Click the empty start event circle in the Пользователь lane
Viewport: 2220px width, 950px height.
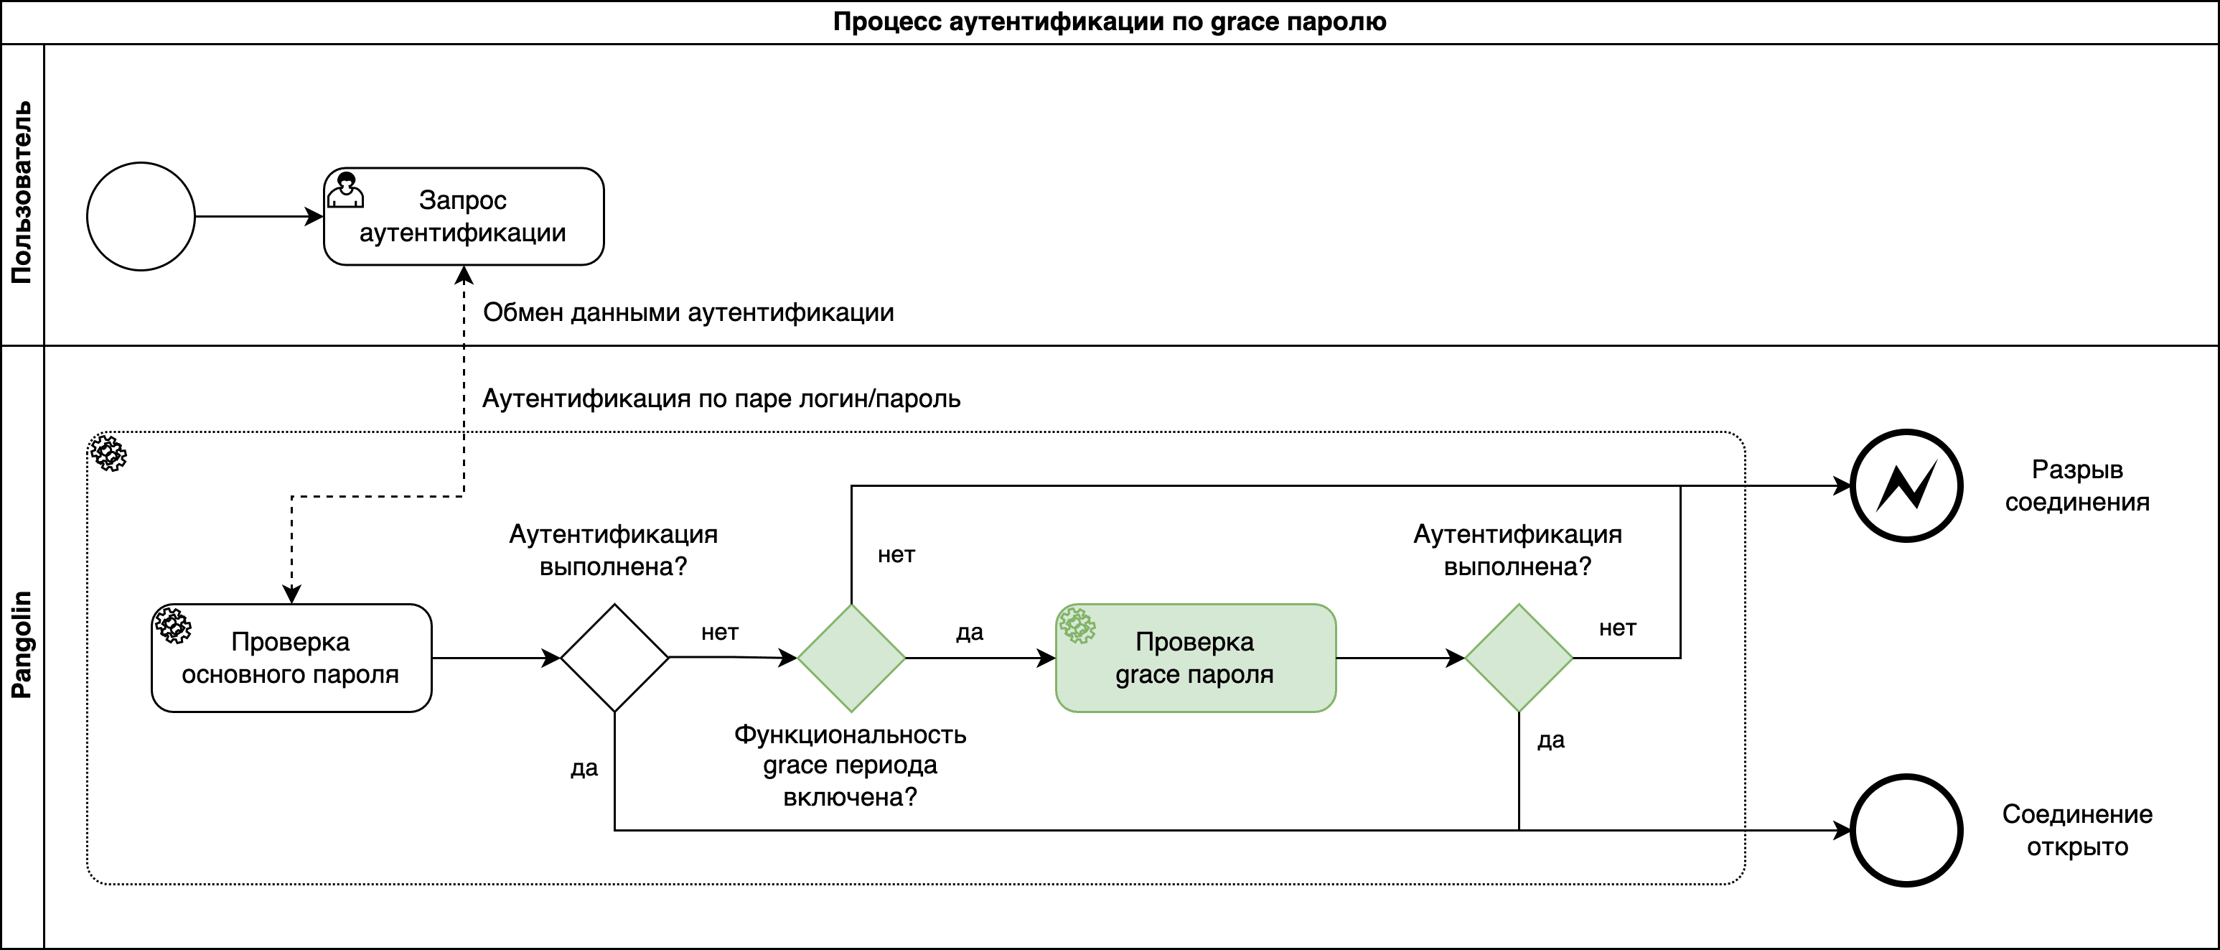tap(141, 216)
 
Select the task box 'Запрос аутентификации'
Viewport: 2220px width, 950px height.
tap(464, 216)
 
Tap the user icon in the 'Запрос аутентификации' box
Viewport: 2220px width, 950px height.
tap(345, 190)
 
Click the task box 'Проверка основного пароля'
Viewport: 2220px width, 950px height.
tap(291, 658)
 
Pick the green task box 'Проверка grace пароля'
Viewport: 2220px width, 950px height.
tap(1195, 658)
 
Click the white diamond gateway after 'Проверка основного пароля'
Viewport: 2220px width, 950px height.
tap(614, 658)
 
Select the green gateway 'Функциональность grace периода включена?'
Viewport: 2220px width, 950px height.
tap(851, 658)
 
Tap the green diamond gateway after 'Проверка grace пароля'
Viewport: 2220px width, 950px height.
tap(1519, 658)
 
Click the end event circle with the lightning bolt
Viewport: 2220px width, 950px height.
tap(1907, 485)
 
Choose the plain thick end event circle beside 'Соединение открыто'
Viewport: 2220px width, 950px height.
tap(1907, 830)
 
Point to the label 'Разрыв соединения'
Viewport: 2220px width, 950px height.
tap(2077, 485)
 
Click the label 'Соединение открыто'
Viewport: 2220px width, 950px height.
tap(2077, 830)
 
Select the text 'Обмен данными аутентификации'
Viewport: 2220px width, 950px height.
tap(688, 312)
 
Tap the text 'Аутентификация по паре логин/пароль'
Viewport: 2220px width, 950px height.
tap(721, 399)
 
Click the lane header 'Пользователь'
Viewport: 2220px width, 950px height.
tap(22, 193)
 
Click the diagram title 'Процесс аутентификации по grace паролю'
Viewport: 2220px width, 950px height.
tap(1109, 22)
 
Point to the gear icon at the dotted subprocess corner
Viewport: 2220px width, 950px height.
tap(108, 452)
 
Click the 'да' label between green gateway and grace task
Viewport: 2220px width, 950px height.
tap(970, 632)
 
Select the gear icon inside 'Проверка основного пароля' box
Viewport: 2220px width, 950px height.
tap(172, 625)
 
